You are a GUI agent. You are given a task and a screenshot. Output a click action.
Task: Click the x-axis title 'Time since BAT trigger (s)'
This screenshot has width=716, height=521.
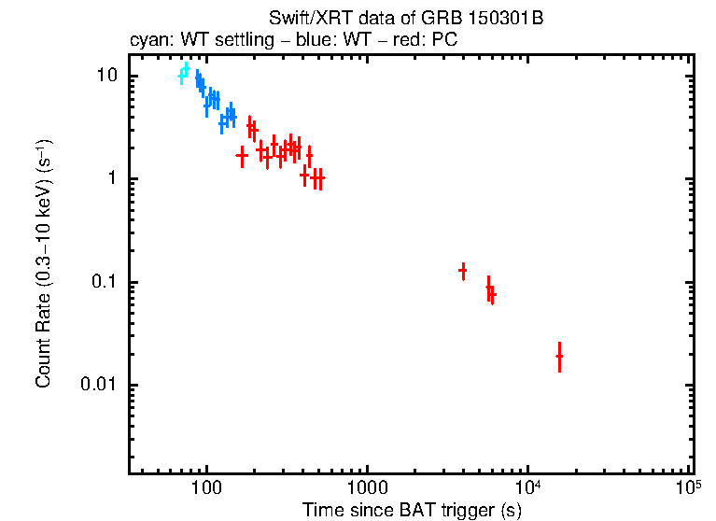coord(412,510)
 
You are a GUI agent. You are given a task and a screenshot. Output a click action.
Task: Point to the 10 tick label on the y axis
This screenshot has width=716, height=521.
coord(105,77)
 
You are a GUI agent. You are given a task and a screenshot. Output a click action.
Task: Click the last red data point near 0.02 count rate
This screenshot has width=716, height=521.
coord(559,356)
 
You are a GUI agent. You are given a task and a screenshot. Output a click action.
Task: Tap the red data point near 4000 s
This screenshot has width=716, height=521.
coord(463,271)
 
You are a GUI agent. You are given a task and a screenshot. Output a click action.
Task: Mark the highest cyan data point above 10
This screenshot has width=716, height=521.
coord(186,69)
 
